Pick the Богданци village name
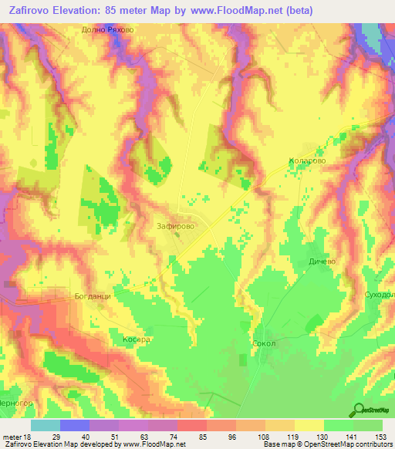point(93,296)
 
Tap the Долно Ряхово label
point(109,30)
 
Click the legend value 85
point(184,436)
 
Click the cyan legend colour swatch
point(46,425)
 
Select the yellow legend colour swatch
point(309,425)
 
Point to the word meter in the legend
point(14,436)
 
